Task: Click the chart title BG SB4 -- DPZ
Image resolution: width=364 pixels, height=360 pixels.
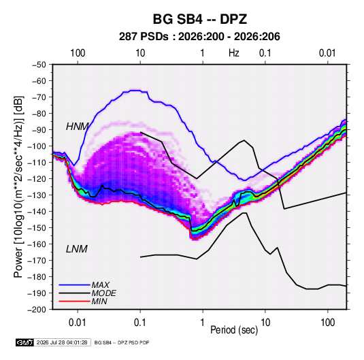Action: (199, 19)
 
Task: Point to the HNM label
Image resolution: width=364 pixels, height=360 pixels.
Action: (78, 127)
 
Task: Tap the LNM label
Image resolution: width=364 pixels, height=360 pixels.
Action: (77, 249)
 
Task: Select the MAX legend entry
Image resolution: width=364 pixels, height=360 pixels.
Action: (101, 284)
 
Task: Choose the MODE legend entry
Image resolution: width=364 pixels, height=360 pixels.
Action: (104, 293)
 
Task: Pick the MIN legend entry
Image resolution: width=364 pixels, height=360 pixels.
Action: (99, 301)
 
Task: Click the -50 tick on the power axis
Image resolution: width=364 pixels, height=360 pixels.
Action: (39, 65)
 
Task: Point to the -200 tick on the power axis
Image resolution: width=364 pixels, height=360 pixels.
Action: (37, 310)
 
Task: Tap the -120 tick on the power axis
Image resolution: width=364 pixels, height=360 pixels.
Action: (37, 179)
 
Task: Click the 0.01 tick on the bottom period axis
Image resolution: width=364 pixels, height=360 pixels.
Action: (78, 323)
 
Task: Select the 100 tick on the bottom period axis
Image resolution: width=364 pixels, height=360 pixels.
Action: (327, 323)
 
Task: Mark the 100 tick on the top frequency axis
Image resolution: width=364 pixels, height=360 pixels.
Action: (78, 53)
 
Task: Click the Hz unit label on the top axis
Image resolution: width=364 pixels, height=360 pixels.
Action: (234, 53)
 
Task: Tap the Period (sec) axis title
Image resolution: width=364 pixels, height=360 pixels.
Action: (234, 330)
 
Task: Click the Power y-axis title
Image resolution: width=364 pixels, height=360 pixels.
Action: (19, 187)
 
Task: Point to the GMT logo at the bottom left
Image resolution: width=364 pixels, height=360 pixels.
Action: (24, 342)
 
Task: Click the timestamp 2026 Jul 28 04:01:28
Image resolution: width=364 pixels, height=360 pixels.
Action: (62, 342)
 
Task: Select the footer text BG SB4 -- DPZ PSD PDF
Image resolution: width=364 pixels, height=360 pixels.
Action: (122, 342)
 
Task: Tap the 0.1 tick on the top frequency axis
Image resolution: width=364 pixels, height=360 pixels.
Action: (265, 53)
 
